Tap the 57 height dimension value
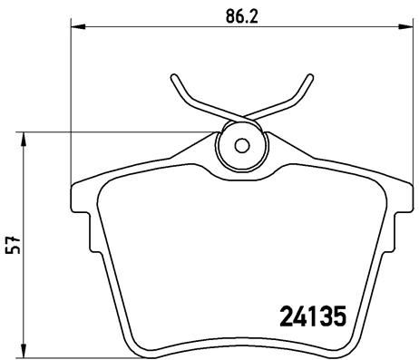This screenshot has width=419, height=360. [x=11, y=246]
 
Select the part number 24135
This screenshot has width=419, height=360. [x=310, y=318]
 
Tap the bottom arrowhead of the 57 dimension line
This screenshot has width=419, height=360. [x=24, y=354]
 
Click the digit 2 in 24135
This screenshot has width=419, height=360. [x=281, y=318]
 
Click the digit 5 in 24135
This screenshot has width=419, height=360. [x=339, y=318]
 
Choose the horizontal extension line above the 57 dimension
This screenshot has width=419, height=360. [x=118, y=133]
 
